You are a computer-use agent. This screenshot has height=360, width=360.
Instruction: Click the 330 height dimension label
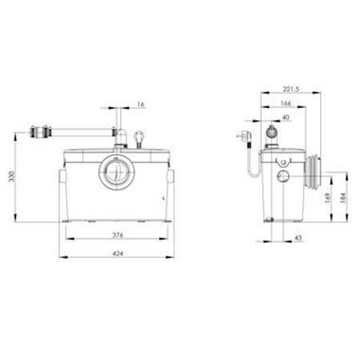click(12, 177)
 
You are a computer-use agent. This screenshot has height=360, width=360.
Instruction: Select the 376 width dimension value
click(118, 235)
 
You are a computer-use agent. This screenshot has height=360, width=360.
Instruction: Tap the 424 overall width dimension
click(118, 254)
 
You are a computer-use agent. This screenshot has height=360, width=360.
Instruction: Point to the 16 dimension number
click(141, 105)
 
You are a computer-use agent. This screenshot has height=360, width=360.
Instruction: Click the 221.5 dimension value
click(291, 89)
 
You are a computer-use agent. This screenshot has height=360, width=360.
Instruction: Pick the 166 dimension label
click(286, 103)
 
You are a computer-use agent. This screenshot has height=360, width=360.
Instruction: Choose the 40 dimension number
click(286, 118)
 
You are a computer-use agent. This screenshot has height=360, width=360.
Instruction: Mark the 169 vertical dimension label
click(328, 198)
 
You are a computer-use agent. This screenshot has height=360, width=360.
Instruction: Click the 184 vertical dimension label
click(343, 198)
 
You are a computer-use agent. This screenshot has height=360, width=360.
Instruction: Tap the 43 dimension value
click(298, 238)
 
